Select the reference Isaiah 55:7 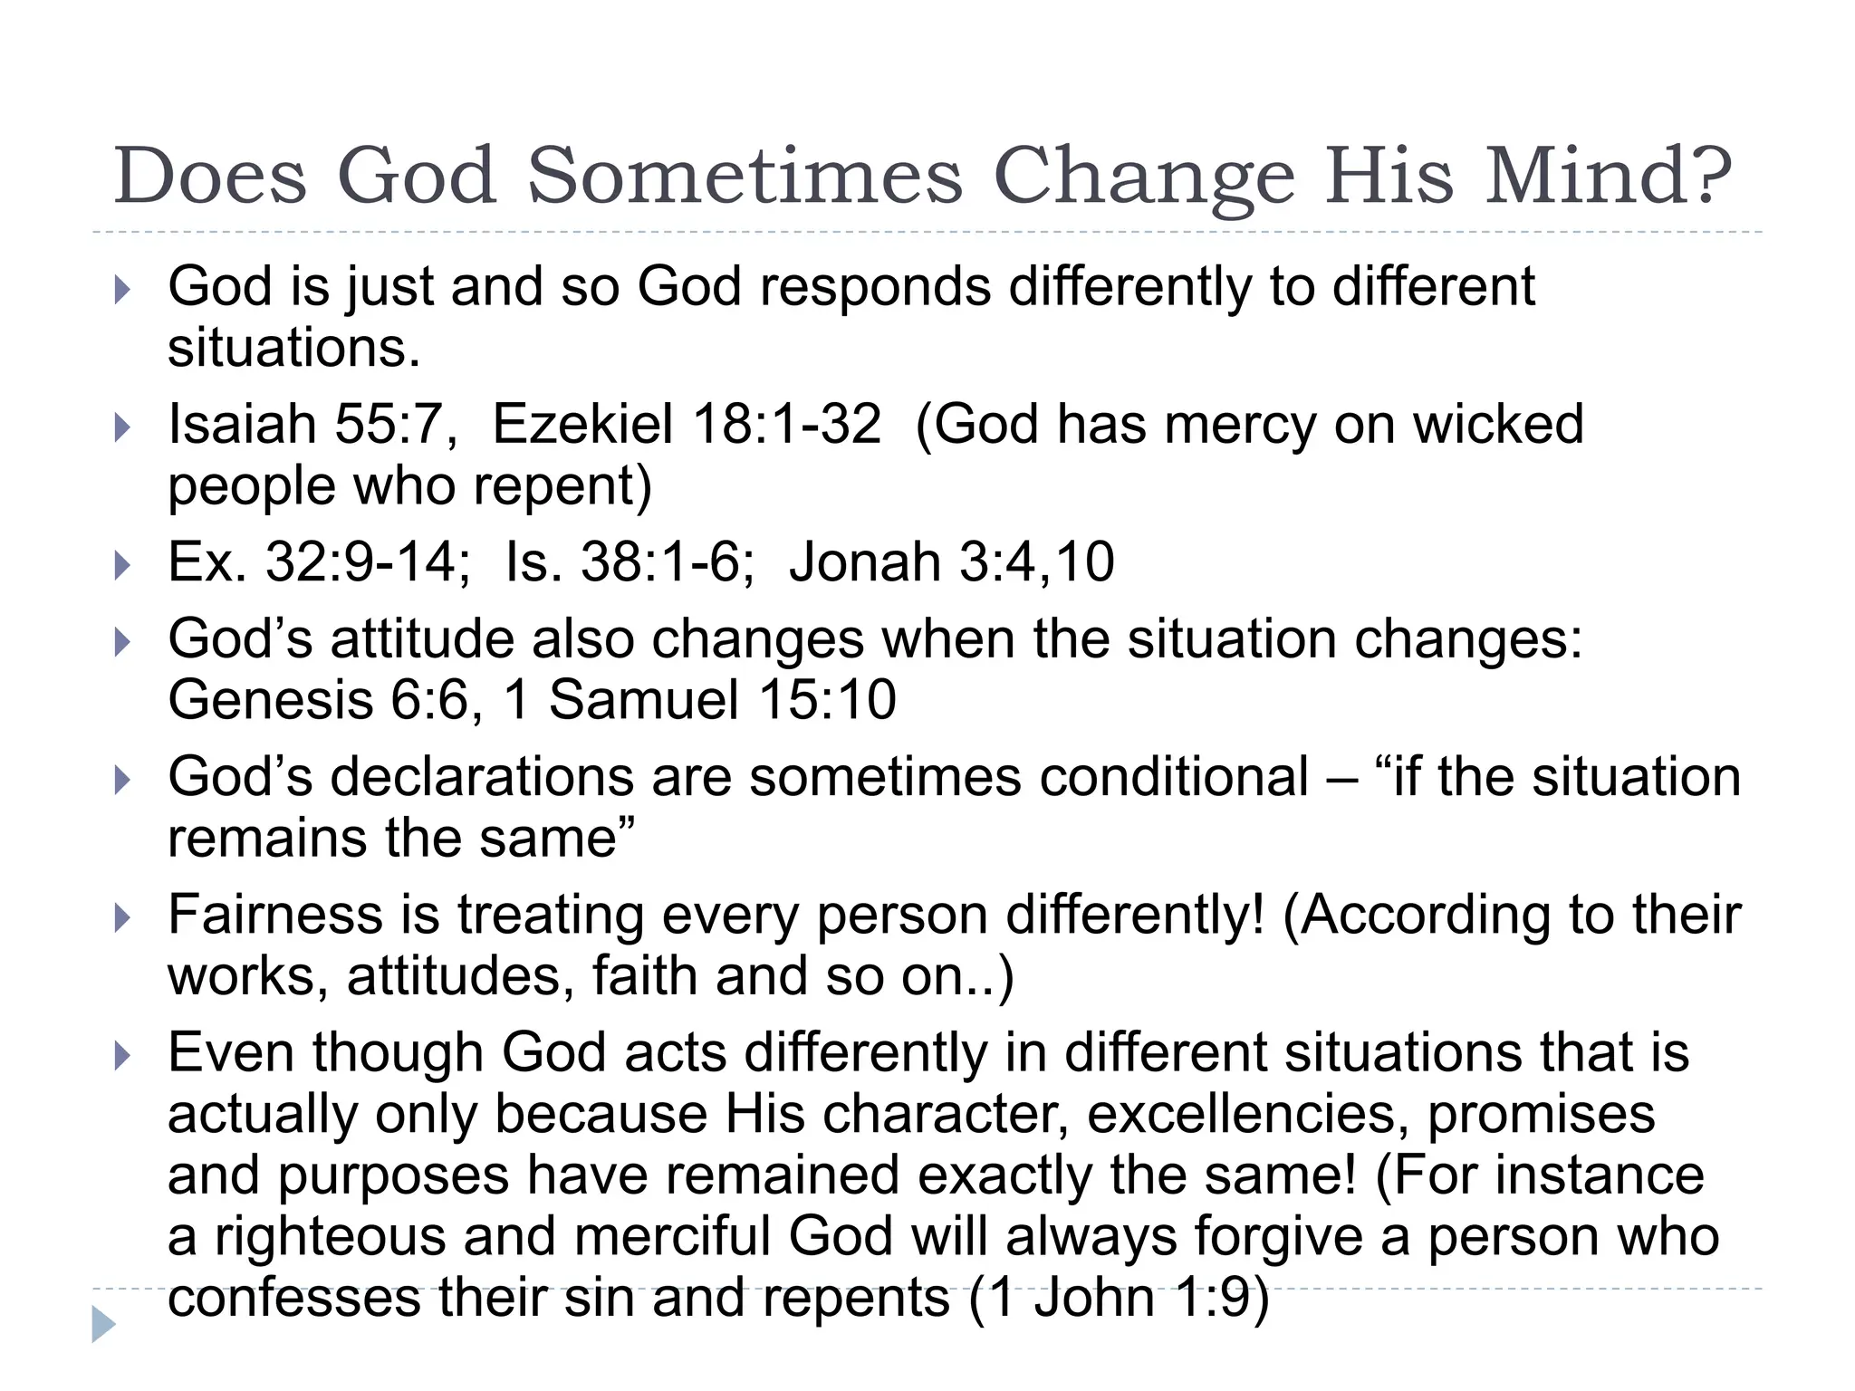313,424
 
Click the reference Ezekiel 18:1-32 687,424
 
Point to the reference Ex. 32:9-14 319,561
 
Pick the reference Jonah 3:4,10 951,561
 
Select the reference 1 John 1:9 1120,1298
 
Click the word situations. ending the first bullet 294,348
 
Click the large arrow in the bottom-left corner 103,1324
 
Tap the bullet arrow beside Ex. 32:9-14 122,566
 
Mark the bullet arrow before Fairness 122,918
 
